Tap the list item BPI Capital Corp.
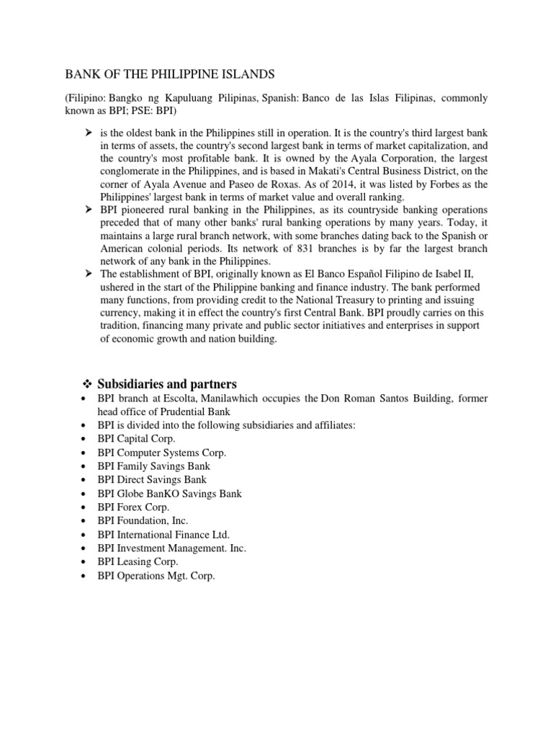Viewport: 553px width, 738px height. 137,439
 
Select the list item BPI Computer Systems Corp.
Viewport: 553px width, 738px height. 162,453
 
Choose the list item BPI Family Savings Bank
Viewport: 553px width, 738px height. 154,466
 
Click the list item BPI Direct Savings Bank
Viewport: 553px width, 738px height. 152,480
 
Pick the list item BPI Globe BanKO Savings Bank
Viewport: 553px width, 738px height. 170,494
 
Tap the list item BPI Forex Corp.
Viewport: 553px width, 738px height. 134,507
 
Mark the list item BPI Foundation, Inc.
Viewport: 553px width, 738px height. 142,521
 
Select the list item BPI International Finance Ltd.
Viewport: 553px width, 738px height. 164,535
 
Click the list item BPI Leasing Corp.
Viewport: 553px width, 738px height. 138,562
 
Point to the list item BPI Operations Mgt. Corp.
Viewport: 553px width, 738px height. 156,576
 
